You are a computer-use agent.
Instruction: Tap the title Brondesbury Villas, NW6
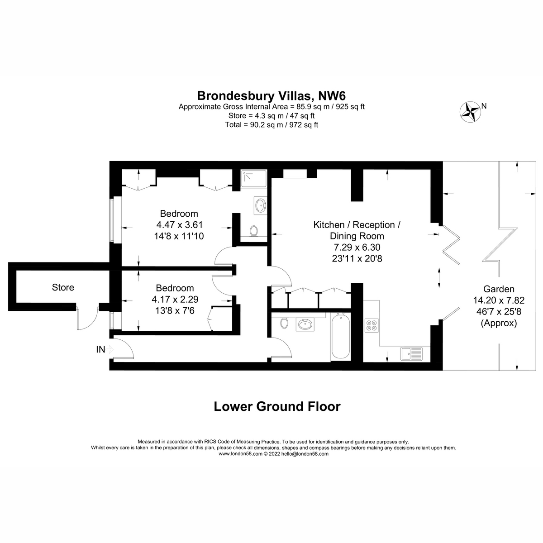click(x=271, y=95)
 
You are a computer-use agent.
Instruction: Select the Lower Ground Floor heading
click(x=276, y=406)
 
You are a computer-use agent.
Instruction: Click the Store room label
click(x=63, y=287)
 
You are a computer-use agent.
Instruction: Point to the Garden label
click(x=499, y=289)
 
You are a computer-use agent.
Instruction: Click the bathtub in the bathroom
click(x=340, y=337)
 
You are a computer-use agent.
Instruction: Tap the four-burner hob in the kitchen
click(x=372, y=325)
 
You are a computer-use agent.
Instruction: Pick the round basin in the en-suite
click(x=260, y=205)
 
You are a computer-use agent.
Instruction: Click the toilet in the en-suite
click(x=254, y=231)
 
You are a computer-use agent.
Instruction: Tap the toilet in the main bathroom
click(x=284, y=323)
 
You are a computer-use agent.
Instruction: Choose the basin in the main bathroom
click(x=304, y=324)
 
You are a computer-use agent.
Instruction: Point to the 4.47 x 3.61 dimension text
click(x=179, y=224)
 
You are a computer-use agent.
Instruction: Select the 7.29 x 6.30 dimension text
click(x=357, y=247)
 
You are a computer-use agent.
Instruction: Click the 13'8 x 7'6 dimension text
click(x=175, y=310)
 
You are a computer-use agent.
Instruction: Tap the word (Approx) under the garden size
click(x=499, y=323)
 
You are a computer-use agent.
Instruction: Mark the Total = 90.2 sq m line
click(x=271, y=124)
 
